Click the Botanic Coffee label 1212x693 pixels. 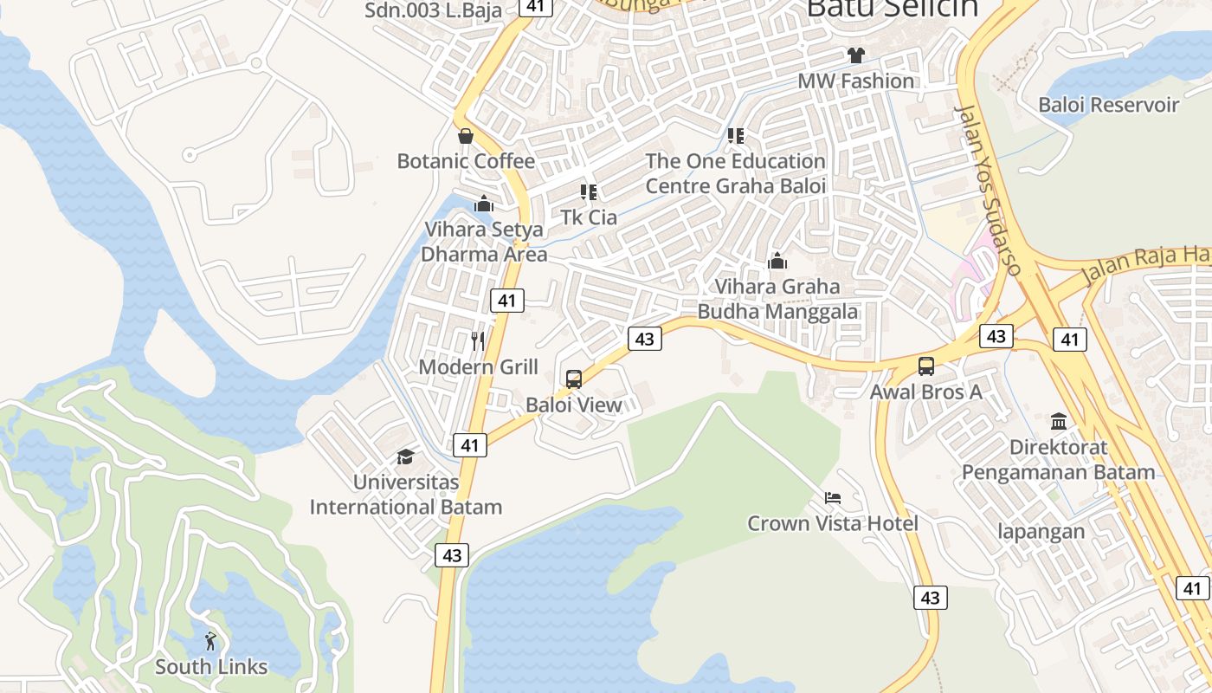point(466,161)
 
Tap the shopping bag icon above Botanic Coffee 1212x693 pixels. point(466,136)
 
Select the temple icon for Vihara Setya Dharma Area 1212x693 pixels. point(484,204)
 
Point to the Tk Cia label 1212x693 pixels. point(589,217)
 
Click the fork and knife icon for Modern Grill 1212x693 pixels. point(478,341)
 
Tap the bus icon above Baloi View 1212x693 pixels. point(573,379)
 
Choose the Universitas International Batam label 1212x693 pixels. point(406,494)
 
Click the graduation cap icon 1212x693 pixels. point(405,457)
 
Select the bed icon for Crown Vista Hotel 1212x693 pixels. point(833,498)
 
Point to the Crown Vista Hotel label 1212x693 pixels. point(833,523)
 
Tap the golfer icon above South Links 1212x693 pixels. point(210,641)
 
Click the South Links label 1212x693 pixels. point(211,667)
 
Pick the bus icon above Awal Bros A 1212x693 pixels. point(926,366)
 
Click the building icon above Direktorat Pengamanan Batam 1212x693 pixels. point(1059,422)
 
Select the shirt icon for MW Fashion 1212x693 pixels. point(856,55)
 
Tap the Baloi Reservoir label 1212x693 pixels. point(1109,105)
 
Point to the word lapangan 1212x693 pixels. point(1041,531)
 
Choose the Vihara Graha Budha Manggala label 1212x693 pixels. point(777,299)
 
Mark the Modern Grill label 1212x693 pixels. point(478,366)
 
